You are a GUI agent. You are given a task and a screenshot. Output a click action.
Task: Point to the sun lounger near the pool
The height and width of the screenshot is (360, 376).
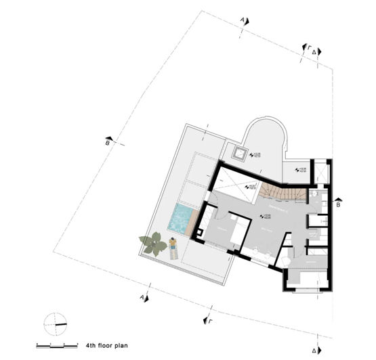pos(174,250)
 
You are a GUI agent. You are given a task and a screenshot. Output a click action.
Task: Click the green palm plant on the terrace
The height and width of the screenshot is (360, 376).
pos(153,242)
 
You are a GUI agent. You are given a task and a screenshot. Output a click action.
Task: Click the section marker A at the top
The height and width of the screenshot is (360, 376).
pos(244,22)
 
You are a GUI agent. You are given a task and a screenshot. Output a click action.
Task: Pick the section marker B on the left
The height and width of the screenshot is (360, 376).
pos(109,141)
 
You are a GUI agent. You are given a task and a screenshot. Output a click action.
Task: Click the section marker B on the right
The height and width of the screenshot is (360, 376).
pos(339,200)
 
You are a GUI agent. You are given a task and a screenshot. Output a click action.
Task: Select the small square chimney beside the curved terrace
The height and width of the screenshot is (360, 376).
pos(239,150)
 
